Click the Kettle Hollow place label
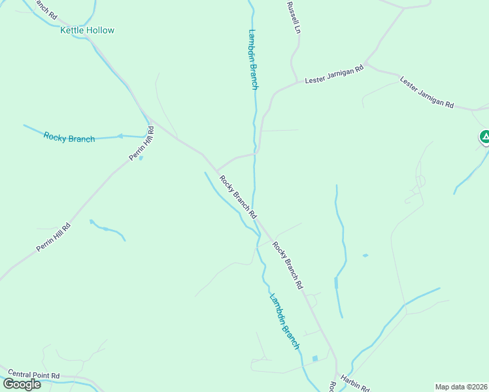[87, 30]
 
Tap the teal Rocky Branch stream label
[69, 138]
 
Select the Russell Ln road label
[292, 18]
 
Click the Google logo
[22, 384]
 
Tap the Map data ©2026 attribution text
[460, 386]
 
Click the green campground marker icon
[484, 137]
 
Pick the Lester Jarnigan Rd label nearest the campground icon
[426, 93]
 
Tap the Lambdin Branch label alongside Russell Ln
[253, 59]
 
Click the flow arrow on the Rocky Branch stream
[120, 136]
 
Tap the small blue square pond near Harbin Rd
[315, 359]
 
